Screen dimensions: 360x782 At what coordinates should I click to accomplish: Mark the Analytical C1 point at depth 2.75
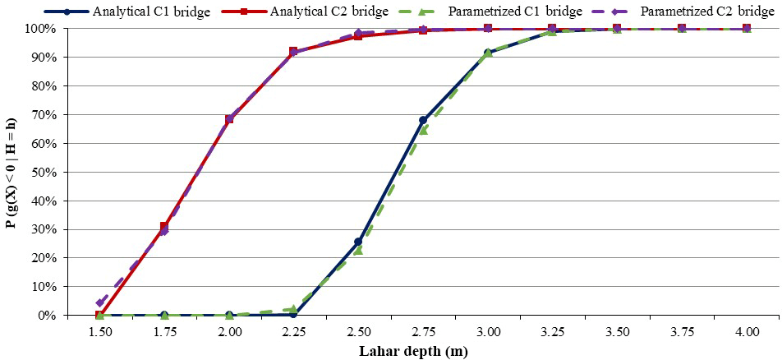pyautogui.click(x=423, y=121)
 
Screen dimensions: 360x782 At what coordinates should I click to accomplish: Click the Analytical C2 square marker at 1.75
pyautogui.click(x=164, y=227)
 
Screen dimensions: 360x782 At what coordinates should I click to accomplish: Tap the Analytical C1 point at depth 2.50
pyautogui.click(x=358, y=242)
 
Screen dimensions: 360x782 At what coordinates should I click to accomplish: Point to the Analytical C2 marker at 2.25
pyautogui.click(x=293, y=52)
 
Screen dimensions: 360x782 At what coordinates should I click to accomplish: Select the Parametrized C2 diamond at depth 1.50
pyautogui.click(x=100, y=303)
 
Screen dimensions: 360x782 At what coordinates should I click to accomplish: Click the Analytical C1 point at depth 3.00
pyautogui.click(x=488, y=53)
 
